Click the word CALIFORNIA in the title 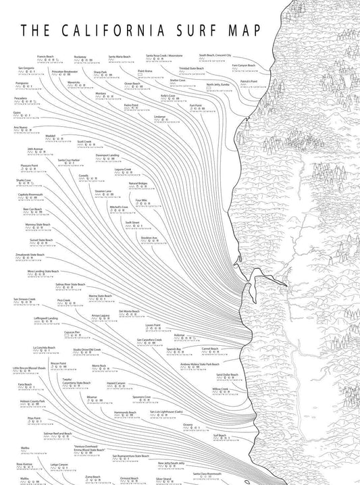coord(107,31)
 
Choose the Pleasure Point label coord(30,164)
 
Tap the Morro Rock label coord(99,364)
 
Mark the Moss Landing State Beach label coord(45,270)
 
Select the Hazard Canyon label coord(117,382)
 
